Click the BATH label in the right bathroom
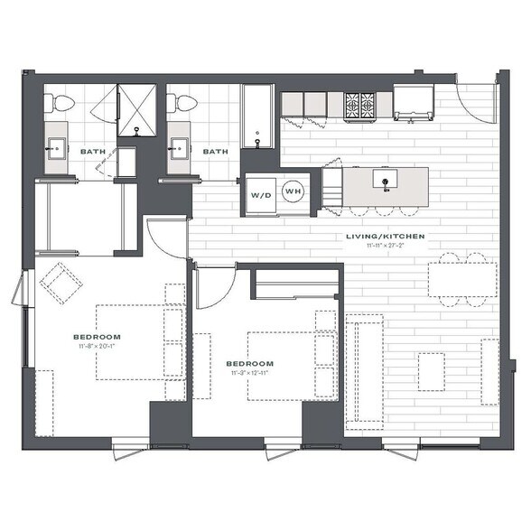(x=214, y=152)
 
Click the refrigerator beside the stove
(x=414, y=103)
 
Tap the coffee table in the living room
(x=432, y=371)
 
